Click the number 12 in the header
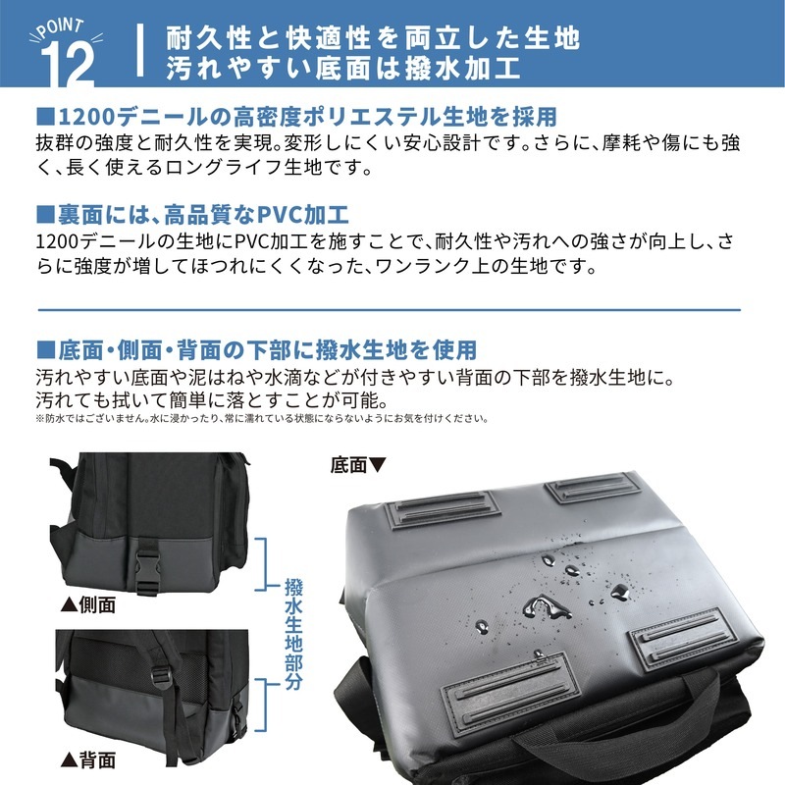(68, 64)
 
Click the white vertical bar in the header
(140, 51)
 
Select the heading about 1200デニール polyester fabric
(297, 117)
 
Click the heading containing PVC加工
(192, 215)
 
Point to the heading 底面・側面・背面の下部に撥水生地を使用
(257, 350)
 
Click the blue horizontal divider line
(389, 310)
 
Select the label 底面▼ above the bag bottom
(358, 465)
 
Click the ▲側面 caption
(88, 604)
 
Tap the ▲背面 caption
(88, 760)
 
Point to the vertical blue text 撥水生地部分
(293, 635)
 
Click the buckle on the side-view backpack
(149, 571)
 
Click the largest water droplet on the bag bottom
(546, 607)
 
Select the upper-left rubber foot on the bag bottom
(443, 509)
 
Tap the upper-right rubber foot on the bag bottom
(593, 487)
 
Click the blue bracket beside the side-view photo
(263, 564)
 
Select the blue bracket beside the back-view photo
(264, 706)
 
